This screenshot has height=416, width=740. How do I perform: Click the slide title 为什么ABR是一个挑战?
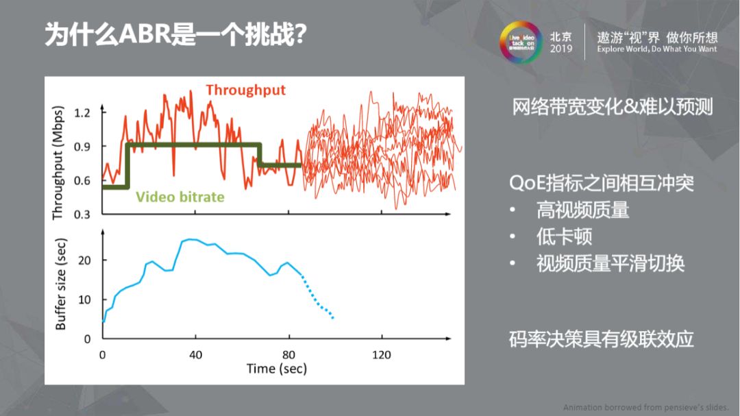tap(175, 35)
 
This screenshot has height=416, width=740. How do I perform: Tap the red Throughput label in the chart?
tap(245, 90)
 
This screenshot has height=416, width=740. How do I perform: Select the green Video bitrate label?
tap(180, 197)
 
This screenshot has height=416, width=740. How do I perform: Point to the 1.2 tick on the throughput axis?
tap(82, 112)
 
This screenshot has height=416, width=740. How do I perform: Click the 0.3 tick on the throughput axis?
tap(82, 215)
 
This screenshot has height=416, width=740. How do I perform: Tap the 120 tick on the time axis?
tap(382, 354)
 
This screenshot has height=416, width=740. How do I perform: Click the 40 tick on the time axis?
tap(196, 354)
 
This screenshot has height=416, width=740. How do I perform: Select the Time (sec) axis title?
tap(277, 369)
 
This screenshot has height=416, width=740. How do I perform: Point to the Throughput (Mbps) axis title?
tap(58, 163)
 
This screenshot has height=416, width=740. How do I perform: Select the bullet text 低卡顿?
tap(564, 237)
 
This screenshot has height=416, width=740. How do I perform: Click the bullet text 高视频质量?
tap(582, 210)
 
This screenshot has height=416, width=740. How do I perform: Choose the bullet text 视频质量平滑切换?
tap(610, 264)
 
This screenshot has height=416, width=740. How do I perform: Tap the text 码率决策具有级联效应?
tap(601, 339)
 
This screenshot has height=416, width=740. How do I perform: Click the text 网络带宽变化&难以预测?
tap(613, 107)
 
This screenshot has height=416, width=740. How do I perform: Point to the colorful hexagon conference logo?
tap(520, 42)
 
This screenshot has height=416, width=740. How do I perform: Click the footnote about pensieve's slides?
tap(645, 407)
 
